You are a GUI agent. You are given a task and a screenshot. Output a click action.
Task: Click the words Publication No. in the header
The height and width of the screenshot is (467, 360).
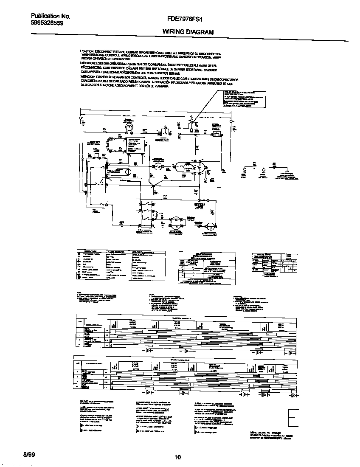pyautogui.click(x=50, y=17)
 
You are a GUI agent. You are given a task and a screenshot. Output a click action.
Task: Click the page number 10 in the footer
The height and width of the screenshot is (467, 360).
pyautogui.click(x=178, y=457)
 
